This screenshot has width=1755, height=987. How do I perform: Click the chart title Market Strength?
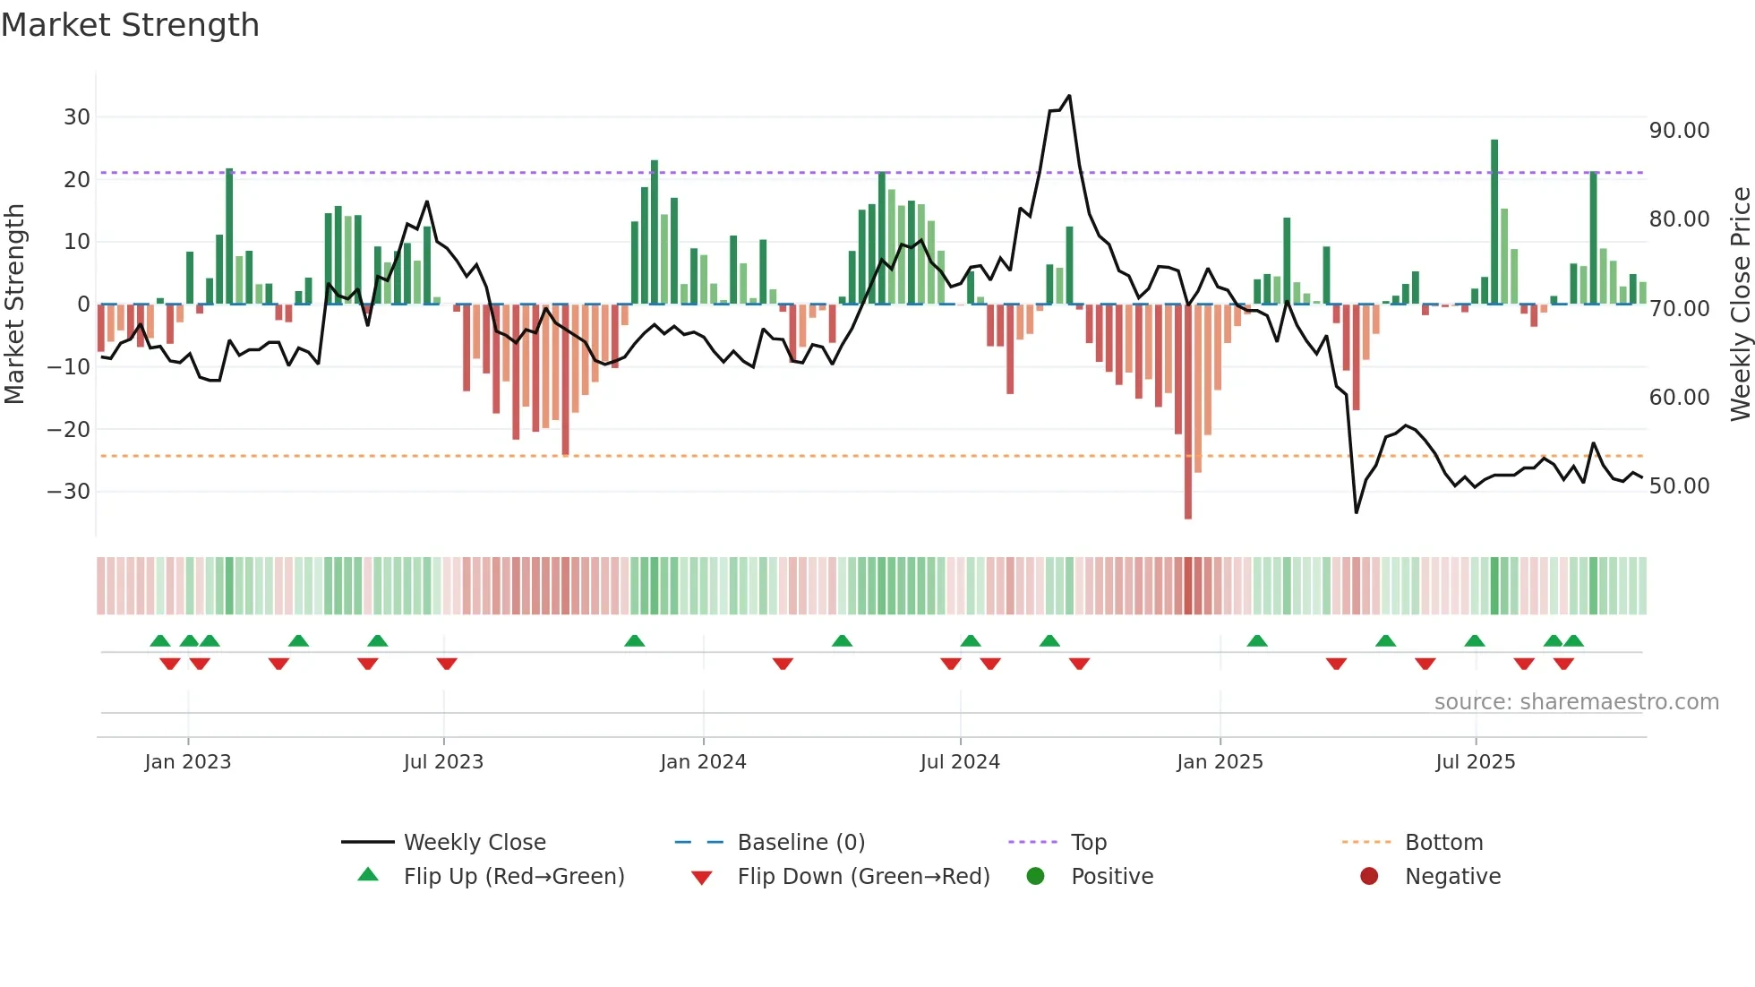130,25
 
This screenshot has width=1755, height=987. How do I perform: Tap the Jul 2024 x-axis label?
960,761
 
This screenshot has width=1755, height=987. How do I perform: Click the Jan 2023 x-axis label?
188,761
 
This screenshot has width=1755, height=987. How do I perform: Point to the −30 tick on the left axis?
69,491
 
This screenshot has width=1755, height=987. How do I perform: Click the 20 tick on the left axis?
76,179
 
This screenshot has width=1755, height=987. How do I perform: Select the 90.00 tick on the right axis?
1679,130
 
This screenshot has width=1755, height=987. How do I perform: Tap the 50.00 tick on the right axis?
1679,485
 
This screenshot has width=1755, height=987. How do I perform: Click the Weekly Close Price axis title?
1740,304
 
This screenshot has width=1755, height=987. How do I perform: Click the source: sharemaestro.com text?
1576,701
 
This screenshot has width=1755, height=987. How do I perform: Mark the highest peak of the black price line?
1069,96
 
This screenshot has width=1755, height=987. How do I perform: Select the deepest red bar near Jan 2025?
1188,412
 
